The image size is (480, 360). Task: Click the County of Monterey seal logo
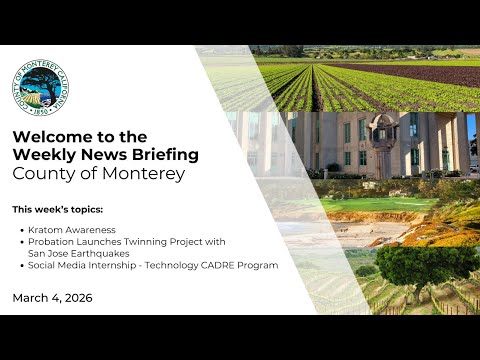[x=40, y=88]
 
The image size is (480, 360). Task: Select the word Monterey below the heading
[x=143, y=174]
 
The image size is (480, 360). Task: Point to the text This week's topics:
[x=58, y=210]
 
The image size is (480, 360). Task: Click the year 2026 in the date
[x=78, y=298]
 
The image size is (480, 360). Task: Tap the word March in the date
[x=30, y=298]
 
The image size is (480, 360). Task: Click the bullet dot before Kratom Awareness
[x=22, y=230]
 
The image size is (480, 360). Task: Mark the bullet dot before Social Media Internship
[x=22, y=266]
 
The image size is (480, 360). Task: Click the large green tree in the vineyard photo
[x=426, y=267]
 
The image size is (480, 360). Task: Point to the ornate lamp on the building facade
[x=383, y=133]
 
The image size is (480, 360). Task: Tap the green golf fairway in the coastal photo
[x=377, y=205]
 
